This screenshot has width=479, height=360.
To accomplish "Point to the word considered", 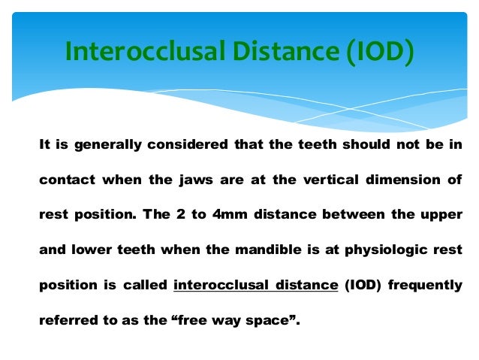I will (179, 145).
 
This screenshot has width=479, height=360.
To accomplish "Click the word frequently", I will (426, 285).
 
